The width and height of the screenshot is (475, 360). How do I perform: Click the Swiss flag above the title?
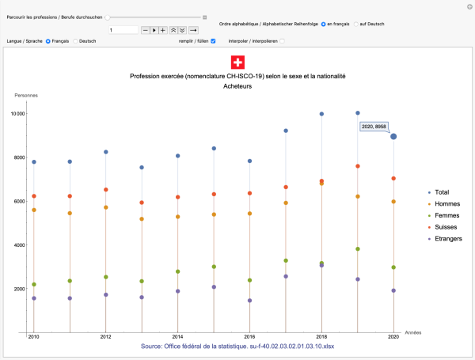(x=237, y=63)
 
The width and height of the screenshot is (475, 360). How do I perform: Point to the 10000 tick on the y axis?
(x=17, y=114)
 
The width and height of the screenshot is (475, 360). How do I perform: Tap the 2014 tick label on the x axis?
(x=177, y=336)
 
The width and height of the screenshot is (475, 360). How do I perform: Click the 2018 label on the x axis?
(x=321, y=336)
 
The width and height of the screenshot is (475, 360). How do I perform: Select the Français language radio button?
(x=48, y=40)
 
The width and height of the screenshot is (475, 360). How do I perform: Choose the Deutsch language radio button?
(x=75, y=40)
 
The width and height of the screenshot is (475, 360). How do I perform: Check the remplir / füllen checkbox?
(x=213, y=40)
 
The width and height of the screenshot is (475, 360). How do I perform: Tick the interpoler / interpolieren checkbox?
(x=282, y=40)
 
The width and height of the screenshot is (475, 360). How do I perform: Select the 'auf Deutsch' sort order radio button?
(x=356, y=24)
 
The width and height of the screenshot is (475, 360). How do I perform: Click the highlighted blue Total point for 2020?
(x=393, y=136)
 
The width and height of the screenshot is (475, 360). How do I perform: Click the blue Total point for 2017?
(x=286, y=131)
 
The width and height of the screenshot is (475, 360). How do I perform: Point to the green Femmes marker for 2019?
(x=358, y=249)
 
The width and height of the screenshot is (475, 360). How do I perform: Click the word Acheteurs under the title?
(x=237, y=86)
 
